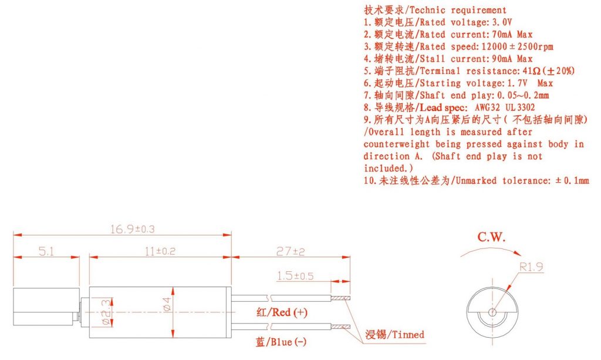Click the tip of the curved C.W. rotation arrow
[x=521, y=255]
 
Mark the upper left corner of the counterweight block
[x=13, y=288]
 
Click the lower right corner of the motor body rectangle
[x=231, y=338]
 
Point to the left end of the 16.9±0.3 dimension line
[x=13, y=235]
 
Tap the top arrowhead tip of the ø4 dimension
[x=173, y=288]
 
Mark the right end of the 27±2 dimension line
[x=350, y=257]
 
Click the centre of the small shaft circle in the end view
[x=492, y=312]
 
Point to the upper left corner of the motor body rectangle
[x=89, y=287]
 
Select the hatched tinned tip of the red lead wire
[x=340, y=298]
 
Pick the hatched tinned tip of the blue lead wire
[x=340, y=327]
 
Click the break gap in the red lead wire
[x=271, y=298]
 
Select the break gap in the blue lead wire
[x=271, y=327]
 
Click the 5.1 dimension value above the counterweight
[x=46, y=251]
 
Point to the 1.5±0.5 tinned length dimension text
[x=295, y=275]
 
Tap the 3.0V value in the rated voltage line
[x=502, y=22]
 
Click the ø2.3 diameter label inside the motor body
[x=107, y=312]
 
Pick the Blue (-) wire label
[x=281, y=342]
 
